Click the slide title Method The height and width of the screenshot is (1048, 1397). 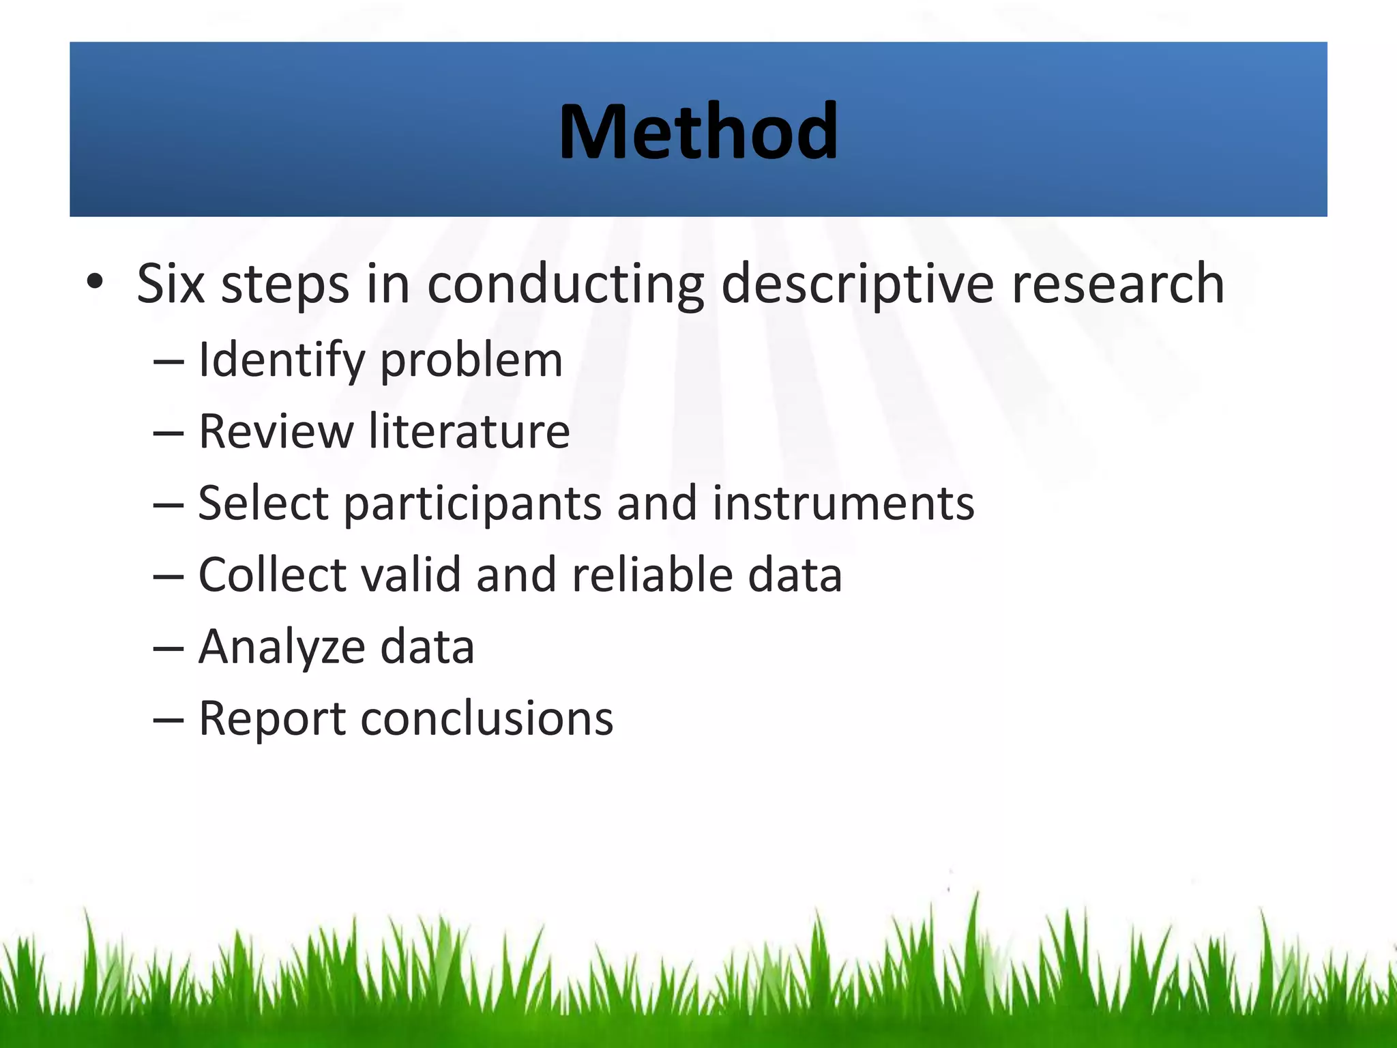coord(698,131)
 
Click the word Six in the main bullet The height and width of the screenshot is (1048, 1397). coord(171,283)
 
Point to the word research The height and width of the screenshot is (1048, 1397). coord(1118,283)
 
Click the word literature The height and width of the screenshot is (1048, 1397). coord(469,431)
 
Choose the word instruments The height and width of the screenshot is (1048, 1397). coord(843,504)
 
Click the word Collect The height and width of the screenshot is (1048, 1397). coord(272,574)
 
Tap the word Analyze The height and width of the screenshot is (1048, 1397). coord(281,648)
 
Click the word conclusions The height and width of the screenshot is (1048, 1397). coord(486,718)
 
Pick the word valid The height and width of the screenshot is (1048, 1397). coord(411,574)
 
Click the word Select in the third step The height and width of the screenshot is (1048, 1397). coord(263,504)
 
